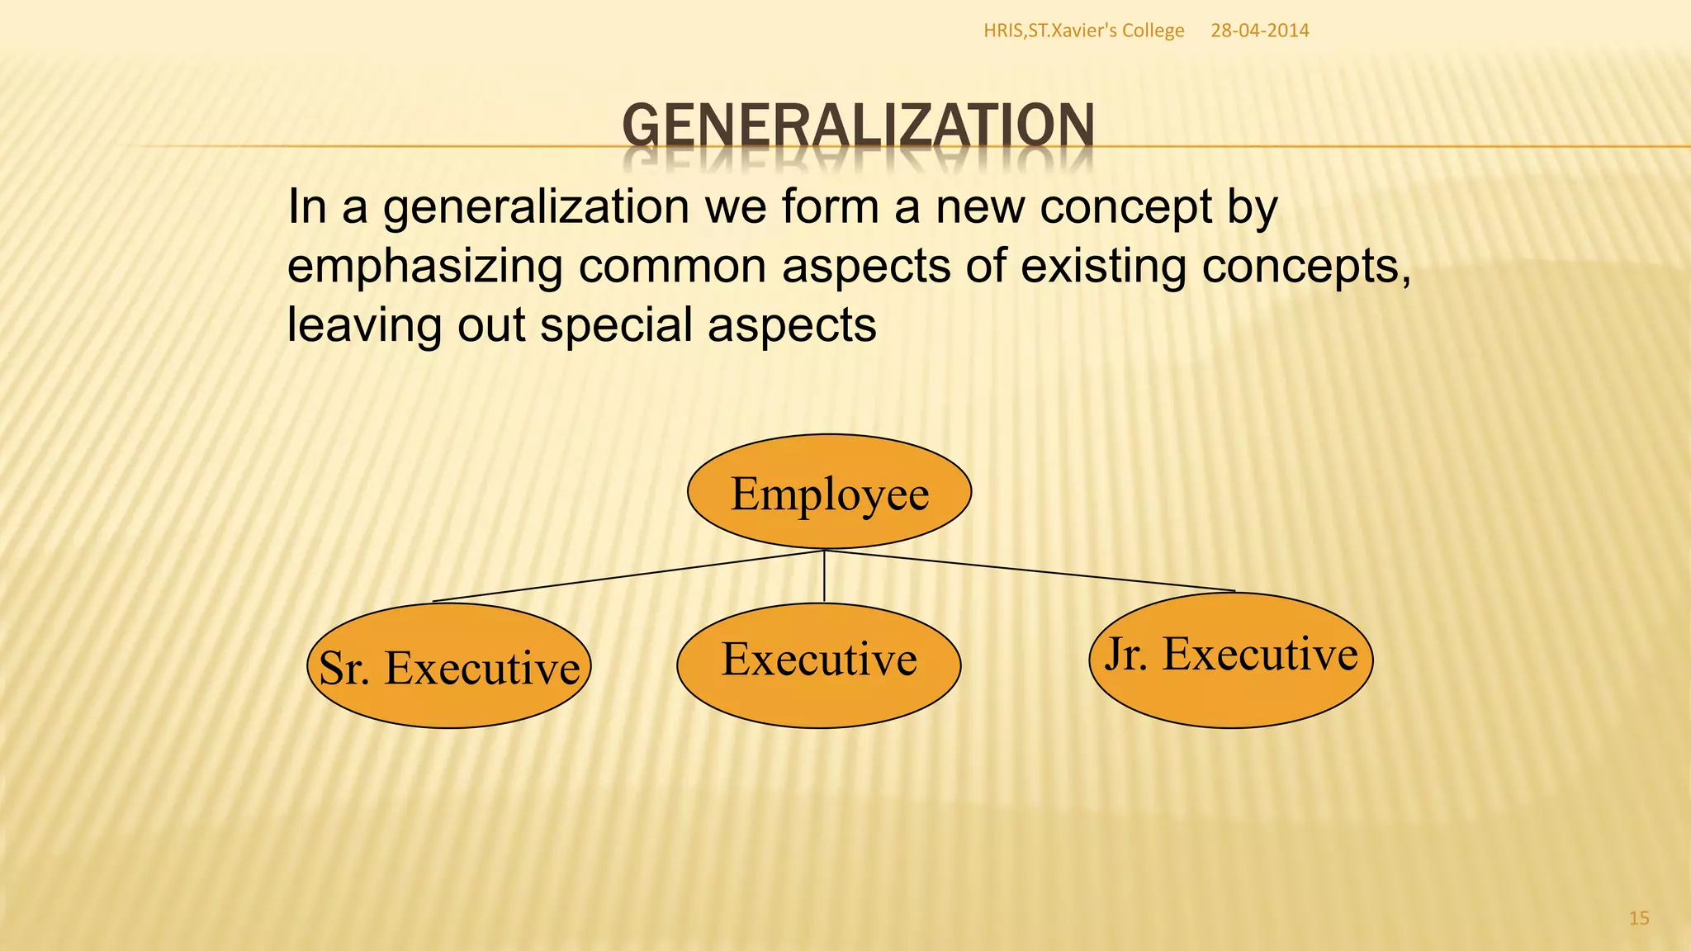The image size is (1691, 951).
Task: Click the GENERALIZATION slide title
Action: pyautogui.click(x=858, y=126)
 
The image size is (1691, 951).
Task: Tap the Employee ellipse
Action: pyautogui.click(x=829, y=492)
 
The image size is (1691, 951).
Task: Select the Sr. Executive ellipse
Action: pyautogui.click(x=449, y=666)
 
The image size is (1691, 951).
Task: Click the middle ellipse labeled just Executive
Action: pyautogui.click(x=818, y=665)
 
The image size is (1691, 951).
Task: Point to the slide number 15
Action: pyautogui.click(x=1638, y=918)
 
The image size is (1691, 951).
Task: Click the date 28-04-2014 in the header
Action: pyautogui.click(x=1259, y=31)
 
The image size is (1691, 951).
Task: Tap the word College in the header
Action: pyautogui.click(x=1153, y=31)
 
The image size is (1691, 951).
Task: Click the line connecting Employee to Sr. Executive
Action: pyautogui.click(x=628, y=576)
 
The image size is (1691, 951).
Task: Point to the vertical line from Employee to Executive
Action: pyautogui.click(x=824, y=576)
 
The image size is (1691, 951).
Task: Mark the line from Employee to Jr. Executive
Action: pyautogui.click(x=1032, y=571)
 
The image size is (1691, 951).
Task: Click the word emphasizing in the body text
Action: pyautogui.click(x=424, y=266)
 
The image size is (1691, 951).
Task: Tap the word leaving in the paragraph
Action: pyautogui.click(x=364, y=324)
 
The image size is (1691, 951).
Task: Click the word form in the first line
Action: pyautogui.click(x=830, y=206)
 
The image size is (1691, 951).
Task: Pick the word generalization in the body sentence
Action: pyautogui.click(x=536, y=206)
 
